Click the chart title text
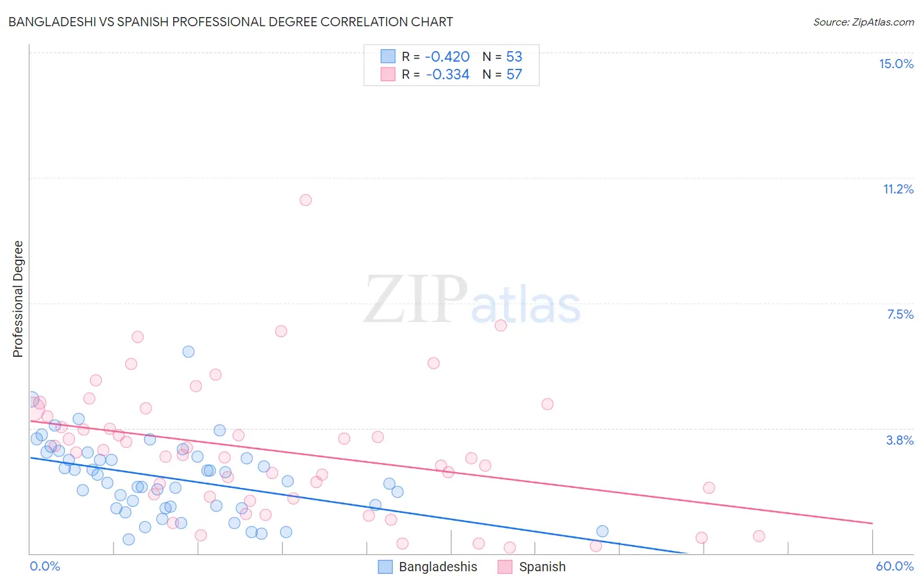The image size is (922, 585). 230,22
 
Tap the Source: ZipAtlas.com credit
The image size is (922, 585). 863,22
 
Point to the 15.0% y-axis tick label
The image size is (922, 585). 896,64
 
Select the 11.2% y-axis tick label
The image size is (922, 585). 898,189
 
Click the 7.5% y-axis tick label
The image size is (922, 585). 900,314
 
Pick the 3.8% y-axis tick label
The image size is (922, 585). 899,440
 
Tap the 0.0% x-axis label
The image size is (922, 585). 45,566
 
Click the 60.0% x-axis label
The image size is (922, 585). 894,566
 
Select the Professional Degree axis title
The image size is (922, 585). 18,299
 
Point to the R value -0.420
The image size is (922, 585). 447,56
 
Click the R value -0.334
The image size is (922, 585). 447,74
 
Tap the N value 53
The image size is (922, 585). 514,56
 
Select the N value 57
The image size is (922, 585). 514,74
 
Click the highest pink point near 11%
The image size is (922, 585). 306,200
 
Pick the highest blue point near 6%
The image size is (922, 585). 188,352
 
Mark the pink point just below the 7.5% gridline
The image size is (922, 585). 501,325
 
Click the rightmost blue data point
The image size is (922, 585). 603,531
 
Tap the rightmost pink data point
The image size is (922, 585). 759,536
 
